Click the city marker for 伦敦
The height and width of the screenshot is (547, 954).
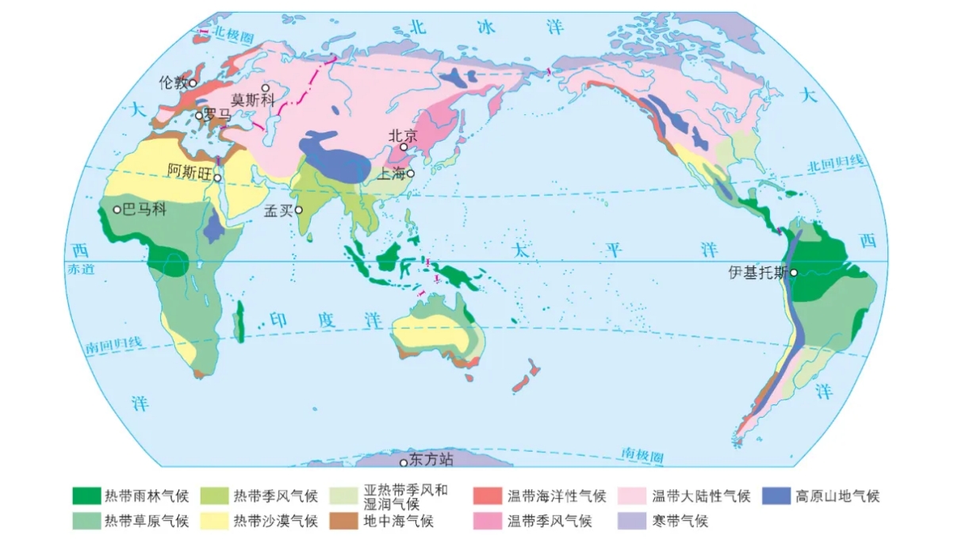[x=193, y=82]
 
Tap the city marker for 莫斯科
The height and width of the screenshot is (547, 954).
[x=266, y=88]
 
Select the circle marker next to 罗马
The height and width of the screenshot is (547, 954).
[x=199, y=115]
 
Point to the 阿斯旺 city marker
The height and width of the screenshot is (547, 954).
[x=217, y=178]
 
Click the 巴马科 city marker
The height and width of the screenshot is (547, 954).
[x=117, y=210]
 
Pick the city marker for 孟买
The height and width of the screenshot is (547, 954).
[x=299, y=210]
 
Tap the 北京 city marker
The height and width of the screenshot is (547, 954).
[x=404, y=147]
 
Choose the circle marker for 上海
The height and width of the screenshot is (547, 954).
[x=411, y=173]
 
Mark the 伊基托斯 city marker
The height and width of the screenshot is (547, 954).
[x=794, y=273]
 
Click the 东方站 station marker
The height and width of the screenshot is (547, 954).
[x=404, y=462]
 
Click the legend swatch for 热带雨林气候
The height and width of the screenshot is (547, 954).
[x=86, y=496]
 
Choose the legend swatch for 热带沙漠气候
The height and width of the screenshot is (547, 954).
[x=214, y=521]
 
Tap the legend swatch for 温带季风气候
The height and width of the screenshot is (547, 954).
[x=487, y=521]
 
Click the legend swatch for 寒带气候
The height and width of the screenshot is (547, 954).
[x=630, y=521]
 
